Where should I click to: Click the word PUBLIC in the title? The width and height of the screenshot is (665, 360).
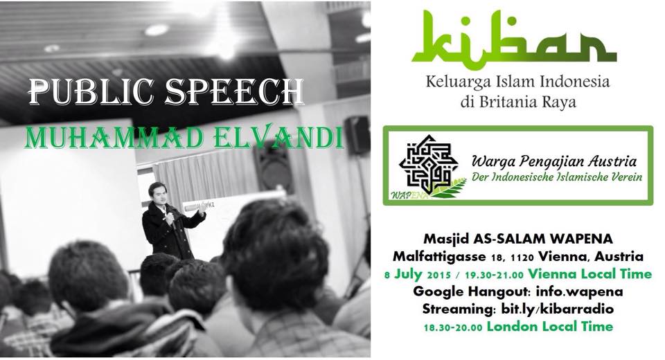tap(91, 92)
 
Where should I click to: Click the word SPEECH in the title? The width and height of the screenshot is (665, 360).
tap(235, 92)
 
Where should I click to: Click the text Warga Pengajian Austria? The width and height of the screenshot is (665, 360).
tap(554, 161)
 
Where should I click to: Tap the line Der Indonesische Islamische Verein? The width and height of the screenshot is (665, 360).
tap(557, 177)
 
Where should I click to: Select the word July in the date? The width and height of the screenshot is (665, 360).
tap(408, 274)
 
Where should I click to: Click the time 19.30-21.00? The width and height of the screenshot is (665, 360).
tap(494, 275)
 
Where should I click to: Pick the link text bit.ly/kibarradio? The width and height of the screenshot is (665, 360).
tap(557, 309)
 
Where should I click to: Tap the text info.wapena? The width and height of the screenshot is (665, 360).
tap(579, 291)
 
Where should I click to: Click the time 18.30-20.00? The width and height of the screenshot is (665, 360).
tap(452, 327)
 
